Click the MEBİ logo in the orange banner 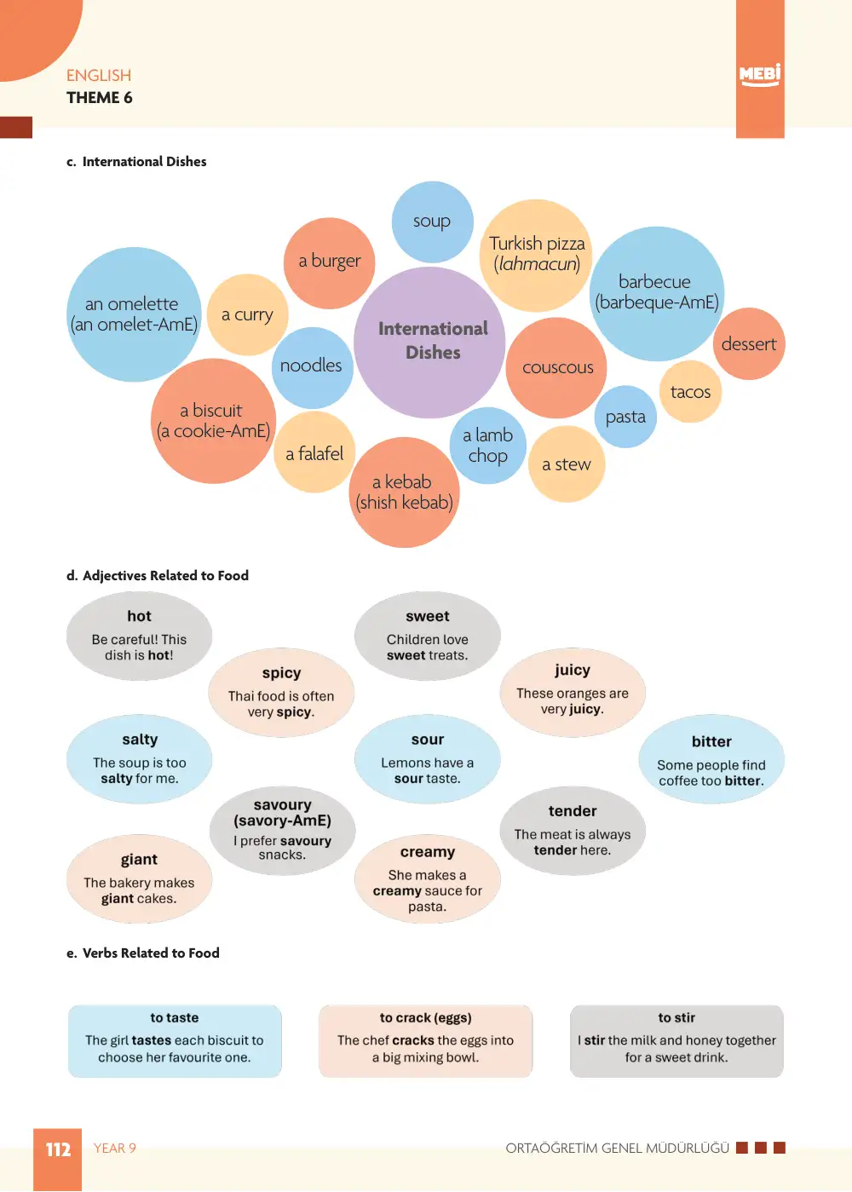(x=759, y=74)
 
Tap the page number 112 (x=58, y=1149)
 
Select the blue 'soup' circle (x=432, y=222)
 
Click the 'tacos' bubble (x=690, y=392)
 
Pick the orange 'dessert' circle (x=749, y=343)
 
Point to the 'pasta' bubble (x=625, y=417)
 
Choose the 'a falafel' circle (x=314, y=452)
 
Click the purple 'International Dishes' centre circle (x=429, y=343)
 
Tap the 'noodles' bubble (x=312, y=368)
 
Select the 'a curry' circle (x=247, y=315)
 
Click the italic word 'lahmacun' (x=537, y=264)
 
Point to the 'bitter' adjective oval (x=711, y=759)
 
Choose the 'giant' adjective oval (x=140, y=878)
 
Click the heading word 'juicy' (x=572, y=670)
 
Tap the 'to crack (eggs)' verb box (x=425, y=1041)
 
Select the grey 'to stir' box (x=676, y=1041)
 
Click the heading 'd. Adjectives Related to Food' (x=158, y=575)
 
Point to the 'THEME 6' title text (x=100, y=98)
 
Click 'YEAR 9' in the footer (x=114, y=1148)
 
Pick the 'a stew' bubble (x=567, y=464)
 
